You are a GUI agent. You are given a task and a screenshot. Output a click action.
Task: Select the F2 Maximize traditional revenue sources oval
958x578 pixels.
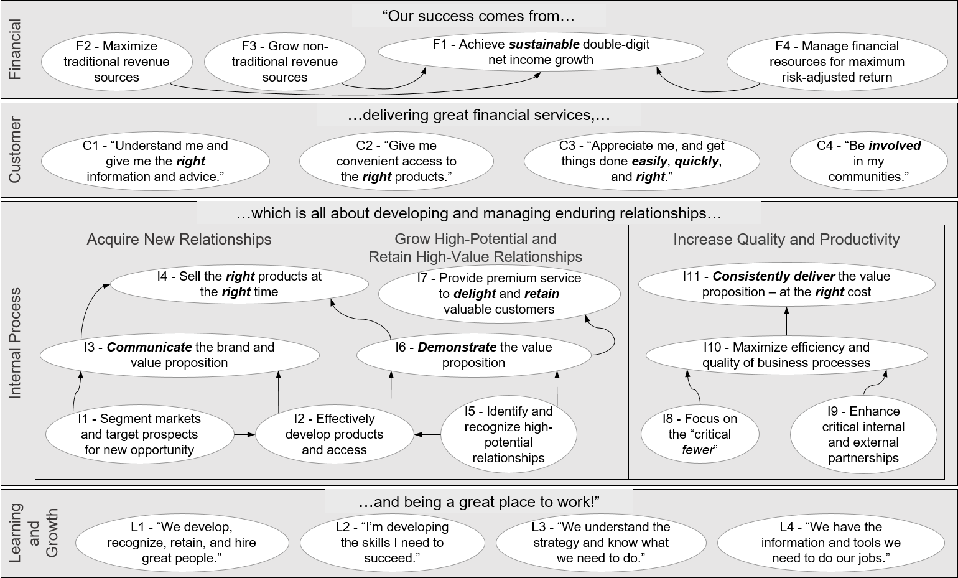(x=116, y=62)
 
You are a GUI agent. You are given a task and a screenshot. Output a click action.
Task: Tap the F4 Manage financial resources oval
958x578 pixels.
(x=837, y=62)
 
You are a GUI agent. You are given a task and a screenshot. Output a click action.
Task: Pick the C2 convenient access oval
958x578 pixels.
(x=396, y=161)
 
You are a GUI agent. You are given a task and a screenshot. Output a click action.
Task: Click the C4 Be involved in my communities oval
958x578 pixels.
(x=868, y=161)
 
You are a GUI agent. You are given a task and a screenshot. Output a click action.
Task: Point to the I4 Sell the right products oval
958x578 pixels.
(x=240, y=284)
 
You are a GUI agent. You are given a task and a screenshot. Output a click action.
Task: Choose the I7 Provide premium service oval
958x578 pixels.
(x=499, y=294)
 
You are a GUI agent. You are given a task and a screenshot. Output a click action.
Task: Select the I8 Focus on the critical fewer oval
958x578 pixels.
(x=700, y=434)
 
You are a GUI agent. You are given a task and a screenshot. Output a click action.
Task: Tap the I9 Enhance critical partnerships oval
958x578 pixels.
(x=863, y=434)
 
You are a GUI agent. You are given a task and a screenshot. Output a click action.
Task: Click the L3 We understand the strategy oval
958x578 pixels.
(x=600, y=543)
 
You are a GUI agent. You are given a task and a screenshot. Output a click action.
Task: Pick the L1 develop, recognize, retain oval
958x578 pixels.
(x=181, y=543)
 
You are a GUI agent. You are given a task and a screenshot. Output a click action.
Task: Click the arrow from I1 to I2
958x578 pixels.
(x=244, y=434)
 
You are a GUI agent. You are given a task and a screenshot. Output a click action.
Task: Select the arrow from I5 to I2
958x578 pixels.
(x=427, y=434)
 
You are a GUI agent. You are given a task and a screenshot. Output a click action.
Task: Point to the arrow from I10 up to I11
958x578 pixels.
(x=786, y=323)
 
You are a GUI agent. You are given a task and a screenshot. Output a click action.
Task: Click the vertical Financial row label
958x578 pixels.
(x=15, y=49)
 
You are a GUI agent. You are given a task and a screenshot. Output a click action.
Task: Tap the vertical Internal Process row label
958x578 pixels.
(x=15, y=343)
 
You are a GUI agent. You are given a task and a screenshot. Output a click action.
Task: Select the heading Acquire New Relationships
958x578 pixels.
(x=179, y=240)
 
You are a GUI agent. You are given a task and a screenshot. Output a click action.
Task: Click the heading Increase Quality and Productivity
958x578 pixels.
(x=786, y=240)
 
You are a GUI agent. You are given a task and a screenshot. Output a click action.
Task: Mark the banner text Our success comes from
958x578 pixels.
(x=478, y=16)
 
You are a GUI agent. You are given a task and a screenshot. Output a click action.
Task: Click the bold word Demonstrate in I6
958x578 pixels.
(x=457, y=347)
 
